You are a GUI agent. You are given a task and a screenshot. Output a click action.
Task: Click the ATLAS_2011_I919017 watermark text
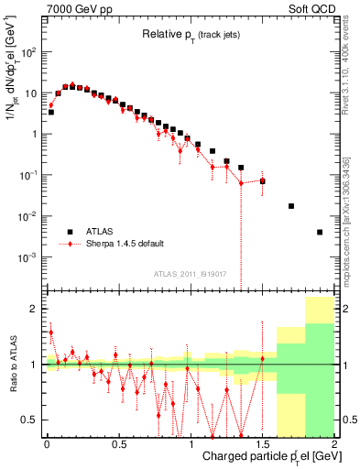190,274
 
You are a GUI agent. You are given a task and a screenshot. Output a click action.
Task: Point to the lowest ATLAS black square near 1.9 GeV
320,232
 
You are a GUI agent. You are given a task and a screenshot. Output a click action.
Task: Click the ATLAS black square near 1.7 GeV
291,206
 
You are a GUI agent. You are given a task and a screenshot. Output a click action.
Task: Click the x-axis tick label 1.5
262,443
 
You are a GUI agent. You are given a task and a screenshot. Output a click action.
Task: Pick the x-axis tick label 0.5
118,443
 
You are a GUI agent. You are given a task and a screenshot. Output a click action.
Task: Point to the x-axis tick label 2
333,443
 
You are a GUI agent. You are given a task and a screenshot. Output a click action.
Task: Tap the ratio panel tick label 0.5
30,420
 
